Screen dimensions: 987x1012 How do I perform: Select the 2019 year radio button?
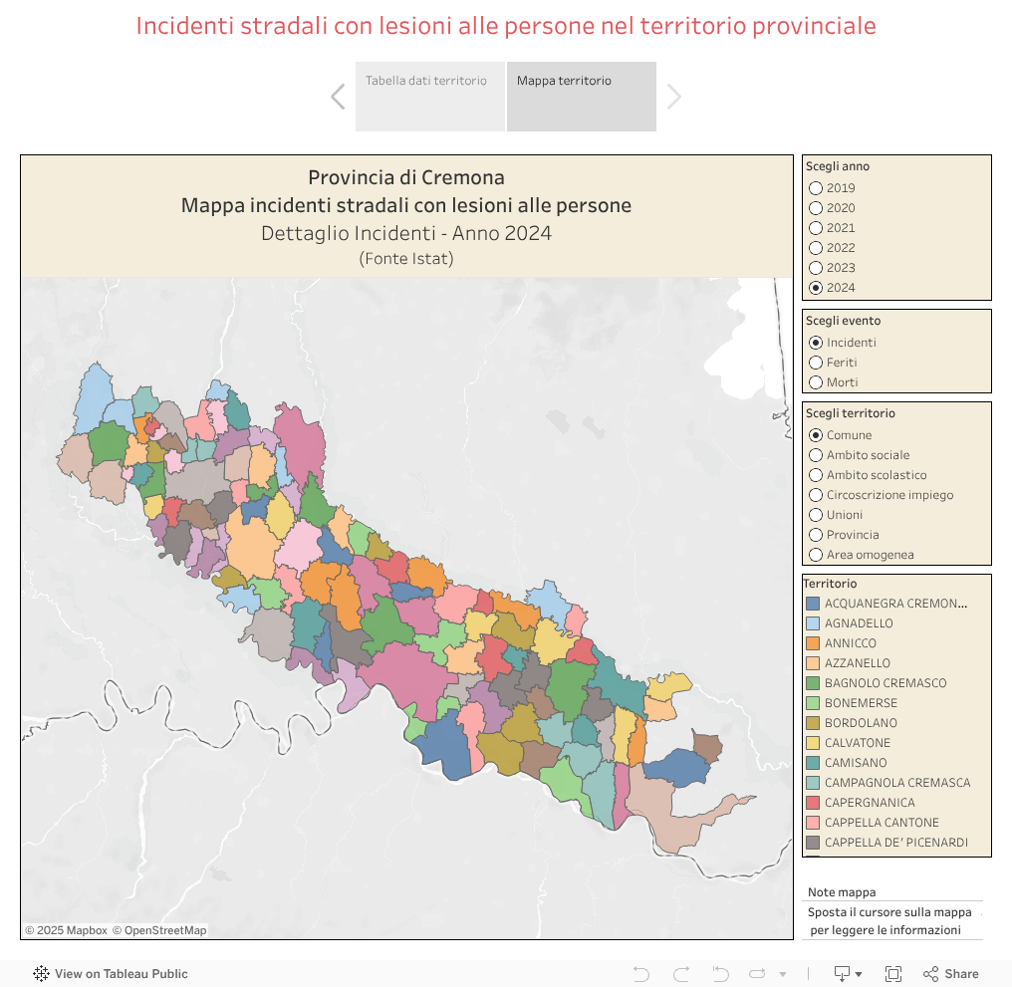816,188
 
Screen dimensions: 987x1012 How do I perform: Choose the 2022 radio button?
816,248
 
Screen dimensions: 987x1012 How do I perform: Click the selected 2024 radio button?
816,288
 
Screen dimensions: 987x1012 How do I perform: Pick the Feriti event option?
816,363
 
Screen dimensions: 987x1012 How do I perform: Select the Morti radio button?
816,382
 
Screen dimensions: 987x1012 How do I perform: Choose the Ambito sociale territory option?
816,455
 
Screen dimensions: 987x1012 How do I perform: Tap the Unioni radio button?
816,515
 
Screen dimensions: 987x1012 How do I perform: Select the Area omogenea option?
816,555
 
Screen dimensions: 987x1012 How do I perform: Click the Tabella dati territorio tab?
429,96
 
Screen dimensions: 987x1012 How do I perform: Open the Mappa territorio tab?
581,96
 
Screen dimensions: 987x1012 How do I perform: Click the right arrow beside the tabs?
674,97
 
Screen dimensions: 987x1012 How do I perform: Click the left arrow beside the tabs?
338,97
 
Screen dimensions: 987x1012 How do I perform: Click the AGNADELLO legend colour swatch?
813,623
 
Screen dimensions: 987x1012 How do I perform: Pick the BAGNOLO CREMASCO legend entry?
885,683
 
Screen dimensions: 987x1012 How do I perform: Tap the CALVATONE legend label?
858,743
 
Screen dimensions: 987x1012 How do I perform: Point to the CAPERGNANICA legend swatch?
813,803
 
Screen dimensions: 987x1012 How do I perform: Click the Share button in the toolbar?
951,974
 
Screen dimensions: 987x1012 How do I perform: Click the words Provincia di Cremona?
405,178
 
